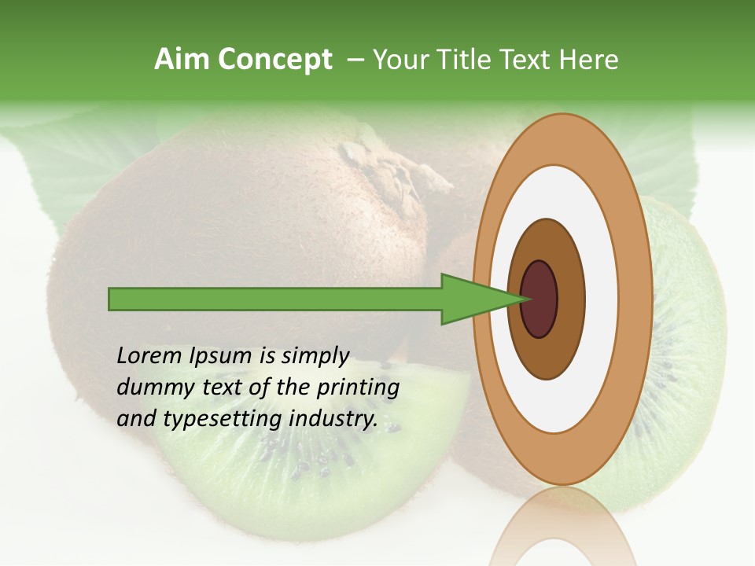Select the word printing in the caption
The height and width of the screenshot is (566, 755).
pyautogui.click(x=358, y=388)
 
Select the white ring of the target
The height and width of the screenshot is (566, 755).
pyautogui.click(x=602, y=299)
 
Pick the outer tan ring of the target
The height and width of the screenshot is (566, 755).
pyautogui.click(x=639, y=299)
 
